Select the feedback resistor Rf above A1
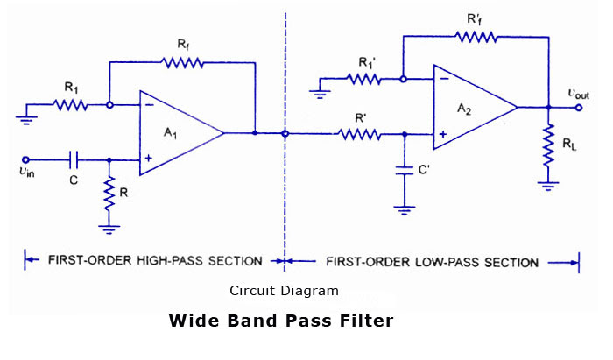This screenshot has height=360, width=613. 182,62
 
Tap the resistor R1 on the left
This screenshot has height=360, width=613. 70,105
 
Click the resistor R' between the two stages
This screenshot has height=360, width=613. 360,134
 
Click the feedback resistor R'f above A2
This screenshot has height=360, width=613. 476,37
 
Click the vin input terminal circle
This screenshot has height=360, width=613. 25,159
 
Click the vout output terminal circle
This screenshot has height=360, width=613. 580,108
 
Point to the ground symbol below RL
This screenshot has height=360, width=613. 548,184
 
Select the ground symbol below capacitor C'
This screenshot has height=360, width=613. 404,210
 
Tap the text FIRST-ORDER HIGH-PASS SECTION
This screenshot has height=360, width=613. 155,260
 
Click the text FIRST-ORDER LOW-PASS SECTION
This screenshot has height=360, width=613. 432,261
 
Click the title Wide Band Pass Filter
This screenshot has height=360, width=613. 281,321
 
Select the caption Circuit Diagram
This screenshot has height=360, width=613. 284,290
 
